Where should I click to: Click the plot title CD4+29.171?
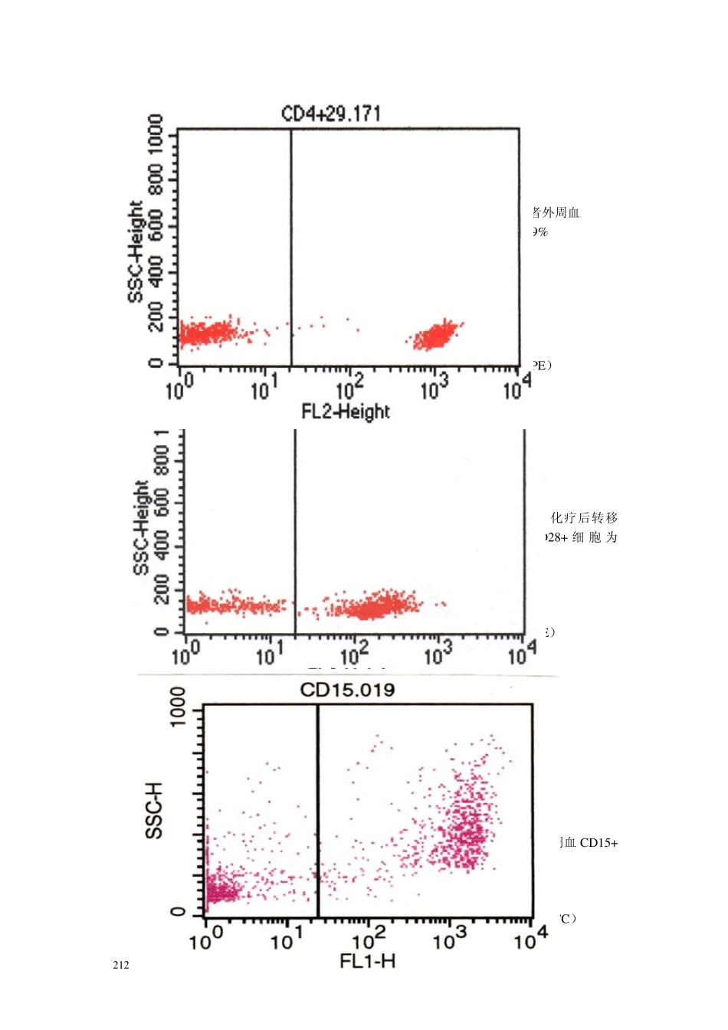pyautogui.click(x=331, y=114)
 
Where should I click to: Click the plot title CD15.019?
pyautogui.click(x=347, y=690)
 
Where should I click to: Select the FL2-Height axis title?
pyautogui.click(x=346, y=412)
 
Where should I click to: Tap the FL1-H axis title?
pyautogui.click(x=368, y=961)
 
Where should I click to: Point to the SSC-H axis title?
pyautogui.click(x=155, y=811)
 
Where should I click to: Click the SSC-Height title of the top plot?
pyautogui.click(x=136, y=252)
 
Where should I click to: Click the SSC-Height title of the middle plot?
pyautogui.click(x=141, y=527)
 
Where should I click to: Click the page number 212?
pyautogui.click(x=121, y=966)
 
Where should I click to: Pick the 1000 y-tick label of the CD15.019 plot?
pyautogui.click(x=177, y=707)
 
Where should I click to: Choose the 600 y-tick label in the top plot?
pyautogui.click(x=156, y=225)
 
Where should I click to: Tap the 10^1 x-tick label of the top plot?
pyautogui.click(x=263, y=389)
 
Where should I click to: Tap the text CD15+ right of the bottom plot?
pyautogui.click(x=598, y=843)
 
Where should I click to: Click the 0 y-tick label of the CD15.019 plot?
pyautogui.click(x=178, y=912)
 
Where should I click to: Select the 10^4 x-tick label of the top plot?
pyautogui.click(x=517, y=388)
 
